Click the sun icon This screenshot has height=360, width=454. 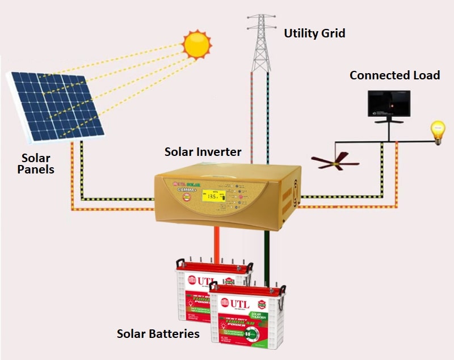(x=197, y=44)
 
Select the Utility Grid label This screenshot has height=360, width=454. (x=314, y=33)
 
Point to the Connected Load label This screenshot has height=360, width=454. (x=394, y=75)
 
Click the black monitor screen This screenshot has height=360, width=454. (x=388, y=101)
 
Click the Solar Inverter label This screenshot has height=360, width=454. (x=203, y=153)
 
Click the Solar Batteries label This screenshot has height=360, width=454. (x=158, y=333)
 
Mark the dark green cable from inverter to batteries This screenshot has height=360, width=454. (x=266, y=249)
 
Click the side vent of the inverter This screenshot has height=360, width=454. (x=295, y=193)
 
